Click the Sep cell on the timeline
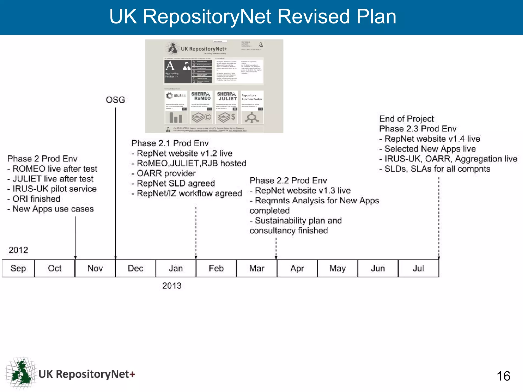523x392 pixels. (18, 268)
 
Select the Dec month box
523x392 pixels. (135, 268)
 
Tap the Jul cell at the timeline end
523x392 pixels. (418, 268)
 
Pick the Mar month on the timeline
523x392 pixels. (257, 268)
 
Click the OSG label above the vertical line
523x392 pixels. (115, 100)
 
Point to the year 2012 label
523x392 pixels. (18, 250)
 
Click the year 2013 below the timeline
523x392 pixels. (172, 286)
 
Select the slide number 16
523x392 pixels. (503, 376)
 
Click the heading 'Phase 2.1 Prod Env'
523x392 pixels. (170, 143)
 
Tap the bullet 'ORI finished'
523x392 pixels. (34, 199)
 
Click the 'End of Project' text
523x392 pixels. (407, 119)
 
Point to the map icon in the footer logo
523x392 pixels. (21, 373)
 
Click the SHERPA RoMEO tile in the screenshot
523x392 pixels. (201, 107)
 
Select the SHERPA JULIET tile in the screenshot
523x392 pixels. (227, 107)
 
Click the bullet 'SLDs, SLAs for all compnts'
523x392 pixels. (435, 169)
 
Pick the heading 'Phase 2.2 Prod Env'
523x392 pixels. (288, 180)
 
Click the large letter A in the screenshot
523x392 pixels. (170, 66)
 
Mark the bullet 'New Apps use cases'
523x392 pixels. (51, 209)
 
